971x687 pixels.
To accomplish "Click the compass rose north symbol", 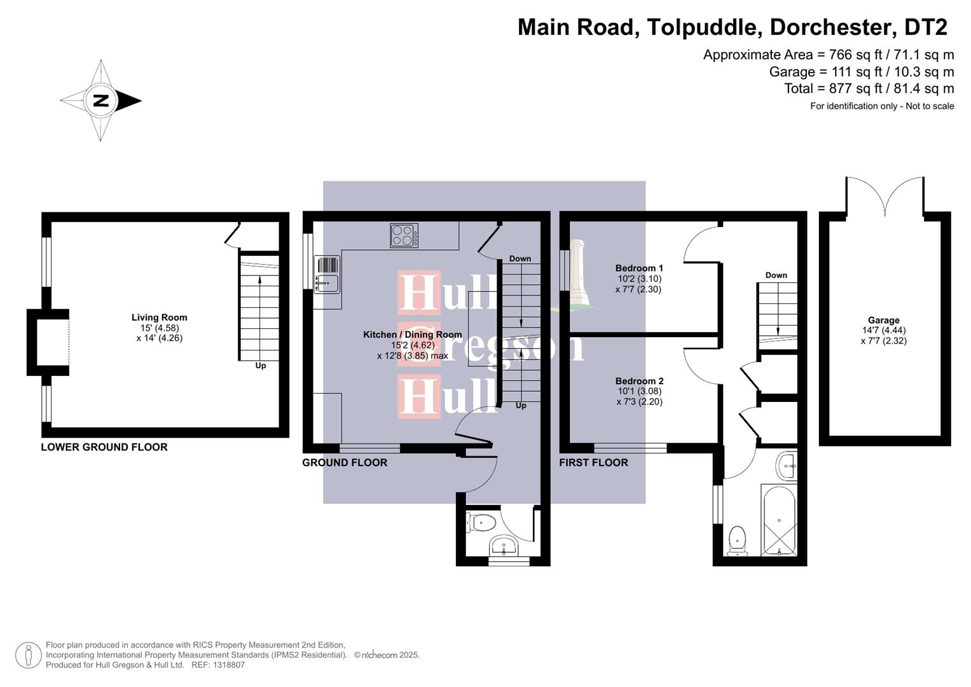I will (100, 101).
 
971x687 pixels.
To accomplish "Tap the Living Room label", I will (159, 317).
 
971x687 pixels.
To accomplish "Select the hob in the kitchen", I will (404, 235).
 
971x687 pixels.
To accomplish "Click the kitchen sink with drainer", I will (327, 274).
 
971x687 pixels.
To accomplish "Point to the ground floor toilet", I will (481, 524).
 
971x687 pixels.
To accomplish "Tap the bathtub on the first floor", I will (778, 520).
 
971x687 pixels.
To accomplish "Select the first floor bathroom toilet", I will (738, 539).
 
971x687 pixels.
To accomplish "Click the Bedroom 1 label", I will (639, 268).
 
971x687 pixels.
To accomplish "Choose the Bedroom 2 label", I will (639, 381).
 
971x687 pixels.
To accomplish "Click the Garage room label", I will (883, 320).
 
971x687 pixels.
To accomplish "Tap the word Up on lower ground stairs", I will (261, 366).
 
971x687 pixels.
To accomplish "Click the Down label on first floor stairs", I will (776, 275).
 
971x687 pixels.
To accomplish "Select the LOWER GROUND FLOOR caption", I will (104, 447).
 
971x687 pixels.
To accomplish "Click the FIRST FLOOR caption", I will (593, 462).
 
